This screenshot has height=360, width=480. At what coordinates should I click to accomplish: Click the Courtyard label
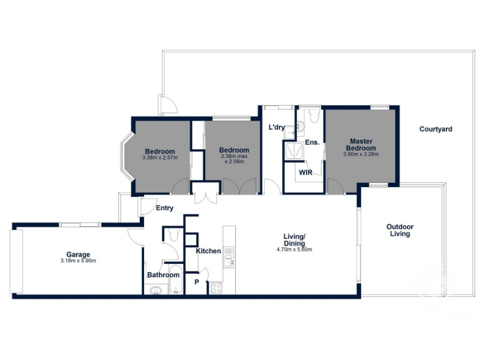(x=436, y=129)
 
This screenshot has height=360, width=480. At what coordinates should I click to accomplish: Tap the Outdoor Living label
(x=400, y=230)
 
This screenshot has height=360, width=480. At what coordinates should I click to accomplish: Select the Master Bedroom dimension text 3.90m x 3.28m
(x=361, y=154)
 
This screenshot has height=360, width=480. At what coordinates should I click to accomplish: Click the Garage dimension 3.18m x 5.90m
(x=78, y=261)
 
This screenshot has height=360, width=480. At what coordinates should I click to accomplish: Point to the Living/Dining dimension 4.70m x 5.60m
(x=294, y=250)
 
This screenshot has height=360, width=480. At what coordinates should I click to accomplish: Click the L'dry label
(x=277, y=127)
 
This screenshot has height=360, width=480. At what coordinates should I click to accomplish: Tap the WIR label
(x=305, y=173)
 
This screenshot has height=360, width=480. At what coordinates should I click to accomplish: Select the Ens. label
(x=312, y=142)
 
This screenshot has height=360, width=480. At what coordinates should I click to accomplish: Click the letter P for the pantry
(x=197, y=282)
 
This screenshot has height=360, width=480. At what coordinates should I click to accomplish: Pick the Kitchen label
(x=208, y=251)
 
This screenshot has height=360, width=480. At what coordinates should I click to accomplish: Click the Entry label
(x=164, y=208)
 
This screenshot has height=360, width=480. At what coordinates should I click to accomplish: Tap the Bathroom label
(x=163, y=275)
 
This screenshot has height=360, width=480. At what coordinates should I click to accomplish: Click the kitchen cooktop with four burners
(x=217, y=288)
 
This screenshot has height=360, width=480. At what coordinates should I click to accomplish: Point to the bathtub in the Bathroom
(x=175, y=279)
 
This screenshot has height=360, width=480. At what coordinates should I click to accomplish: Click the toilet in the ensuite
(x=314, y=115)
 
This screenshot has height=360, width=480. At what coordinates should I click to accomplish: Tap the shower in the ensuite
(x=293, y=152)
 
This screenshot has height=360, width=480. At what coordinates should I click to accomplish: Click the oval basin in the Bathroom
(x=156, y=290)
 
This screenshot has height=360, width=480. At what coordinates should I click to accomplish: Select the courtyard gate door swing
(x=168, y=104)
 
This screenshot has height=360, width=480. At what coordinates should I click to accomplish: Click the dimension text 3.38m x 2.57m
(x=160, y=158)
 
